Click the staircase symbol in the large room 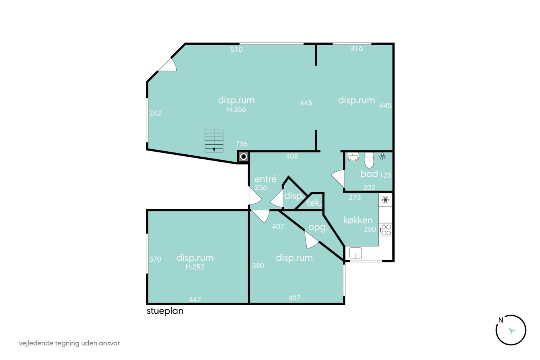[x=214, y=140]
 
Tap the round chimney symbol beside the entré [x=243, y=157]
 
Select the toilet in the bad [x=369, y=160]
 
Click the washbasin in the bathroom [x=353, y=157]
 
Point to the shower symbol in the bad [x=383, y=156]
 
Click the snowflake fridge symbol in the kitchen [x=385, y=199]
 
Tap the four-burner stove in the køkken [x=385, y=230]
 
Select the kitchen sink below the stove [x=356, y=253]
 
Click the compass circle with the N [x=511, y=330]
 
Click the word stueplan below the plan [x=165, y=311]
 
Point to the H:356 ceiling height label [x=236, y=110]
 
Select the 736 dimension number [x=241, y=144]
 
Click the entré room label [x=265, y=179]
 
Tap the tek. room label [x=314, y=203]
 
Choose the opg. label [x=318, y=228]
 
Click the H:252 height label [x=195, y=267]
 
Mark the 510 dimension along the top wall [x=236, y=49]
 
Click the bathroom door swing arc [x=337, y=178]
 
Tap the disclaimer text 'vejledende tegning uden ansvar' [x=69, y=343]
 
